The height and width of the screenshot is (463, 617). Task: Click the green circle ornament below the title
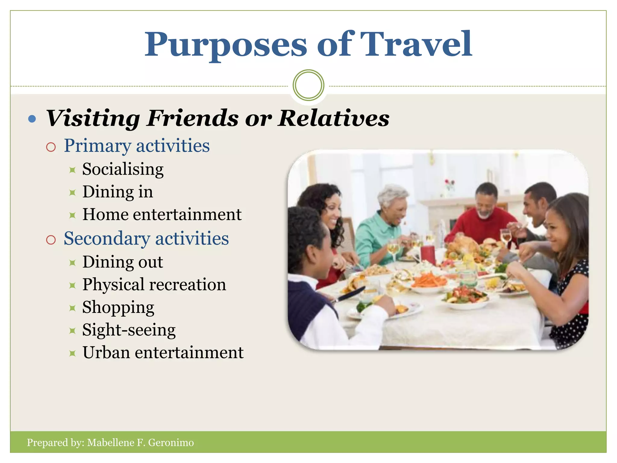point(308,85)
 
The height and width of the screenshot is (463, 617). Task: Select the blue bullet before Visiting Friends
point(32,119)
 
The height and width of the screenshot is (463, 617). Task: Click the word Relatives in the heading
point(334,118)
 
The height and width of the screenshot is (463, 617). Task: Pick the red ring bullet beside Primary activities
point(51,147)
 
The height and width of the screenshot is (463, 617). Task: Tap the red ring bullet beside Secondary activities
point(51,240)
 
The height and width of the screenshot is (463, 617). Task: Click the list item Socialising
point(123,169)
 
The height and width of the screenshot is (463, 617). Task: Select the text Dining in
point(117,192)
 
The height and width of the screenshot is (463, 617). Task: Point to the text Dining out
point(123,262)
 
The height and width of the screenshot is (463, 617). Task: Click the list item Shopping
point(118,307)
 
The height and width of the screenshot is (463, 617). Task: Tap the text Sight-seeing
point(129,330)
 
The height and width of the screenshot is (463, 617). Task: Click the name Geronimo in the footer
point(171,443)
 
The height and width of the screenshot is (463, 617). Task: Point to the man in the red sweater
point(484,217)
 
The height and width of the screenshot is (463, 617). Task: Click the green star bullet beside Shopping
point(72,308)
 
